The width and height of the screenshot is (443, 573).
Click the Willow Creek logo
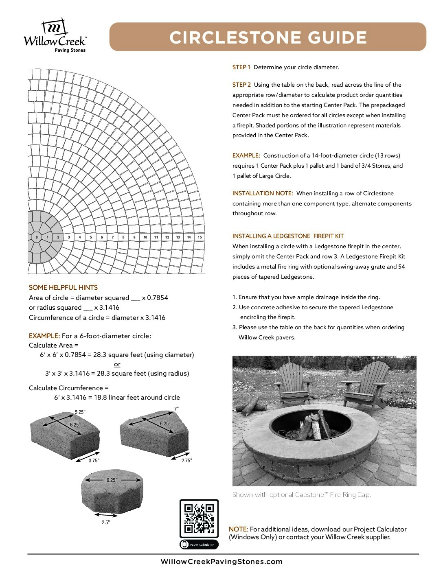pyautogui.click(x=55, y=36)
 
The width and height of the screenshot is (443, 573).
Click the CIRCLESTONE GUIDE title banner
pyautogui.click(x=268, y=37)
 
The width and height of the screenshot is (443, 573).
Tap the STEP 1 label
pyautogui.click(x=241, y=67)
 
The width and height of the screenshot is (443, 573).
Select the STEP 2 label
pyautogui.click(x=241, y=85)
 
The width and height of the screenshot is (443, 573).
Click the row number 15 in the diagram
pyautogui.click(x=200, y=237)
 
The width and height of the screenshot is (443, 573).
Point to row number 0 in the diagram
pyautogui.click(x=37, y=237)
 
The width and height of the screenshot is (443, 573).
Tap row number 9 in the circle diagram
pyautogui.click(x=134, y=237)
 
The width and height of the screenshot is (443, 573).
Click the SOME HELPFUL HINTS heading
pyautogui.click(x=63, y=287)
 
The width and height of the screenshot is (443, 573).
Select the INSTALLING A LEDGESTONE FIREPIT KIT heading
pyautogui.click(x=288, y=236)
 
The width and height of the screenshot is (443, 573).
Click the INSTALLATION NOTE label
pyautogui.click(x=262, y=193)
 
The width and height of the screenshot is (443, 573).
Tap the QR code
pyautogui.click(x=199, y=518)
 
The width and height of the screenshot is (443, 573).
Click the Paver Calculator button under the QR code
pyautogui.click(x=199, y=545)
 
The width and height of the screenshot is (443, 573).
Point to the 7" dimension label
pyautogui.click(x=176, y=409)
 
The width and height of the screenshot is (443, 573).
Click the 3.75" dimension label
pyautogui.click(x=94, y=461)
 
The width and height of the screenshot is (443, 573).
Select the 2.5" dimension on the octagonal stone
pyautogui.click(x=105, y=523)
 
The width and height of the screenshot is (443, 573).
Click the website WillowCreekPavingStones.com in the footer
pyautogui.click(x=221, y=562)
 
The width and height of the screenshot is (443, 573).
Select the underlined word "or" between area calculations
pyautogui.click(x=117, y=364)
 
